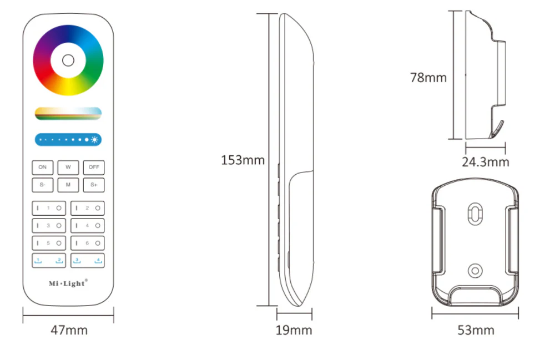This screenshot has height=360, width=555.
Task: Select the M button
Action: tap(68, 185)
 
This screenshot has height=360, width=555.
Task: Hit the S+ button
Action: tap(94, 185)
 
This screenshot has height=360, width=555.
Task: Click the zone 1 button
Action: tap(49, 208)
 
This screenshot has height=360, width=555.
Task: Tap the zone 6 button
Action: tap(87, 243)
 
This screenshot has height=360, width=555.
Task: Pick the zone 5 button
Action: tap(49, 243)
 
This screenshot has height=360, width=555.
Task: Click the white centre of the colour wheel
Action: tap(68, 60)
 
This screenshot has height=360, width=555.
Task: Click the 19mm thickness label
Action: tap(294, 331)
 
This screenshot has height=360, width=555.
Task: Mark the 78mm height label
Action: tap(428, 78)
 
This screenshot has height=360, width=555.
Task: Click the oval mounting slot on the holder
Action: tap(475, 214)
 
